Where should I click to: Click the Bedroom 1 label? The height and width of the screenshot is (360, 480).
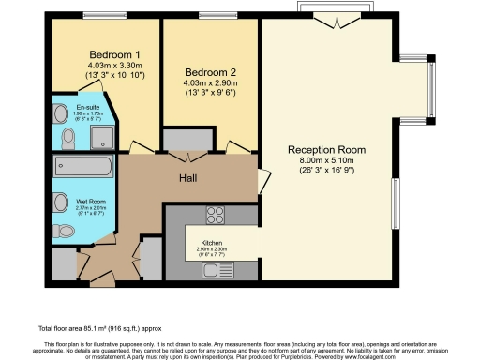(109, 54)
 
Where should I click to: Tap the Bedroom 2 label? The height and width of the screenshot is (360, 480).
(211, 73)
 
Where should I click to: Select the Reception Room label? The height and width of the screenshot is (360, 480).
(326, 150)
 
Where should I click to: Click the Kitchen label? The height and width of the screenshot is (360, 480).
(211, 241)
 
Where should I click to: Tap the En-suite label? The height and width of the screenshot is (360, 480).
(88, 108)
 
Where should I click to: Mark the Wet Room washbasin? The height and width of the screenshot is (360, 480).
(59, 201)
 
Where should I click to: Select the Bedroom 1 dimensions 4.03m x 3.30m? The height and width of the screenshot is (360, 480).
(109, 65)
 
